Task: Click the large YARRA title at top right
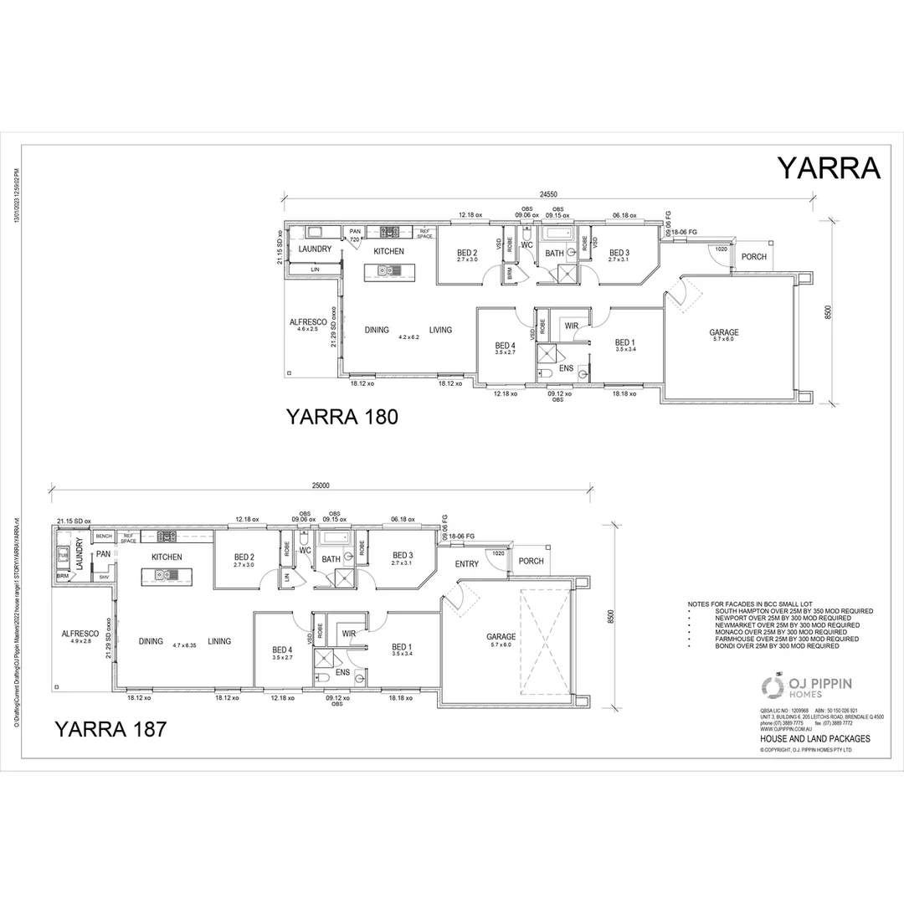[x=829, y=167]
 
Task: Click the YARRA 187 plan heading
[x=110, y=728]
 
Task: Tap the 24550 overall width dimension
[x=549, y=193]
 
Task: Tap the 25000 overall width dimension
[x=321, y=485]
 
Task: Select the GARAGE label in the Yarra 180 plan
[x=723, y=332]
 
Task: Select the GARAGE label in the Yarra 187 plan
[x=501, y=636]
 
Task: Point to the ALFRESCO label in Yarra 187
[x=81, y=634]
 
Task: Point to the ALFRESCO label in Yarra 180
[x=308, y=322]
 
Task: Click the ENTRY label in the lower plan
[x=467, y=564]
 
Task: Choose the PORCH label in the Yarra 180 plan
[x=754, y=257]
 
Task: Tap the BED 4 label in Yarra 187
[x=282, y=649]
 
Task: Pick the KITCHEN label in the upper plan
[x=388, y=251]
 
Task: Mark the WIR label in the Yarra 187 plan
[x=349, y=634]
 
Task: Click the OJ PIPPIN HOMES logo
[x=806, y=686]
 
